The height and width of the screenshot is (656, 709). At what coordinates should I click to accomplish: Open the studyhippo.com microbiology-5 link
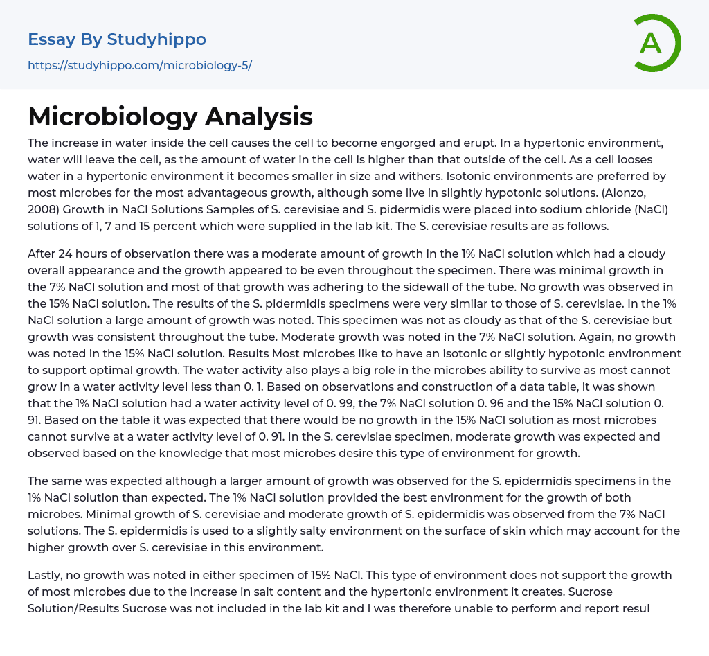(x=140, y=66)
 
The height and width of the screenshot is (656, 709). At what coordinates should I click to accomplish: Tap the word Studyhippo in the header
(x=156, y=39)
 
